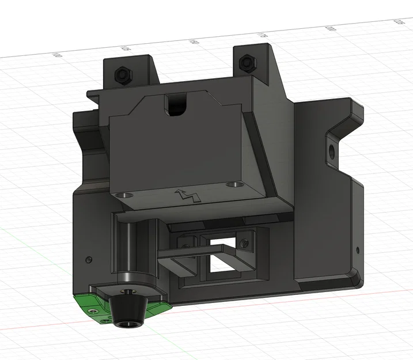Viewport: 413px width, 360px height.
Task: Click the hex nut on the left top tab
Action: (122, 74)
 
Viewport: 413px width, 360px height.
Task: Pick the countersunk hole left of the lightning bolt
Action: (122, 196)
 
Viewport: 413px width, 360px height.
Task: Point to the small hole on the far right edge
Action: (358, 251)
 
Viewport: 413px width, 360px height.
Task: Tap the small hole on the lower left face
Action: (88, 259)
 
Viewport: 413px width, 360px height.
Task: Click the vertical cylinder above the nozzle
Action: (126, 248)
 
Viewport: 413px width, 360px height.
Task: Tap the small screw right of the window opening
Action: (247, 244)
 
